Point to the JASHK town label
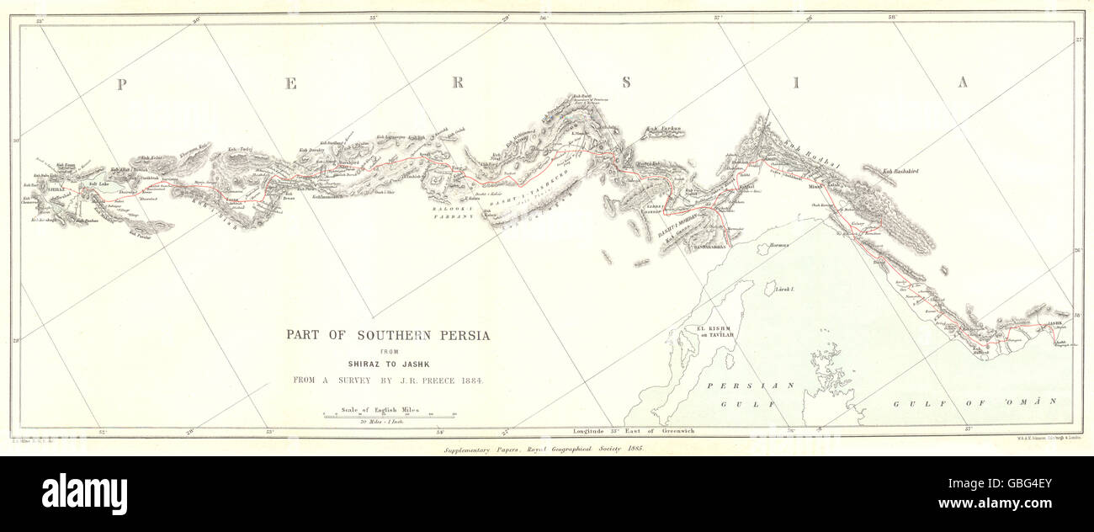pyautogui.click(x=1055, y=323)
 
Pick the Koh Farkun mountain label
pyautogui.click(x=662, y=129)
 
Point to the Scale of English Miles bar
pyautogui.click(x=388, y=414)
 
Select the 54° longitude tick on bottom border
pyautogui.click(x=440, y=433)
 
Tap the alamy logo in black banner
pyautogui.click(x=84, y=494)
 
